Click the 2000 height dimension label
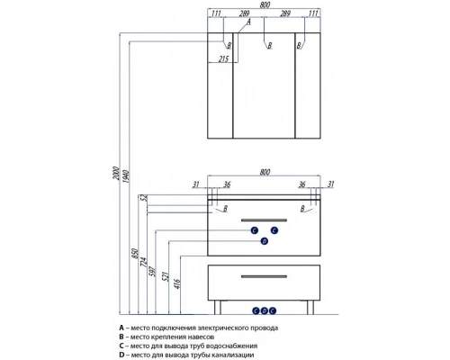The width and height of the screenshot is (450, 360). coord(116,174)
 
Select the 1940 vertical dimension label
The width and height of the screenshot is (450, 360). coord(126,177)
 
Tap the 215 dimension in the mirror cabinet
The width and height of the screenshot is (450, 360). coord(223,59)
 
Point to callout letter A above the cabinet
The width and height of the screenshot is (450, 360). coord(248,22)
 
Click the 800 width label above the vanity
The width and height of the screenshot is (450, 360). coord(265,172)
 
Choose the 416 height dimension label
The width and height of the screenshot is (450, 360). coord(177,283)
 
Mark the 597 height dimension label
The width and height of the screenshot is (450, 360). coord(153,271)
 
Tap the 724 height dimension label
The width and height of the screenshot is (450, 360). coord(144,262)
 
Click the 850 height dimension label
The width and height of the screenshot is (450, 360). coord(135,254)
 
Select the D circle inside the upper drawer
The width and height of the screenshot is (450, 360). coord(265,241)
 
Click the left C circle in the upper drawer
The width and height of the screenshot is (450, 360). coord(255,230)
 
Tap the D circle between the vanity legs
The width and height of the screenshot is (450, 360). coord(264,310)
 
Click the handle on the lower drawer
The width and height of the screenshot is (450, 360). coord(264,276)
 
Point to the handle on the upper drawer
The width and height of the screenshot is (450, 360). coord(264,220)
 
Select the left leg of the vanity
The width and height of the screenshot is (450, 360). coord(218,307)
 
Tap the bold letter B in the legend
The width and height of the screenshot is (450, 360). coord(121,337)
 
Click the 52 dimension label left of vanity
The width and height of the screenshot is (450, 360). coord(144,198)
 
